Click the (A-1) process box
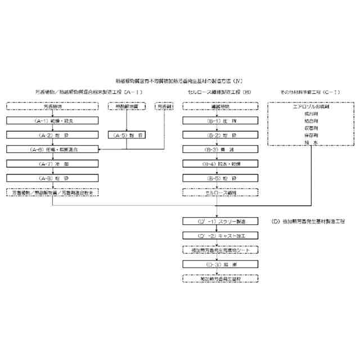click(x=52, y=120)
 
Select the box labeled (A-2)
click(x=52, y=134)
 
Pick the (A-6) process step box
click(x=52, y=149)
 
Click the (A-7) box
click(x=52, y=164)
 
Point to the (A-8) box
click(x=52, y=178)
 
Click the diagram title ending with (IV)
click(x=179, y=81)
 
